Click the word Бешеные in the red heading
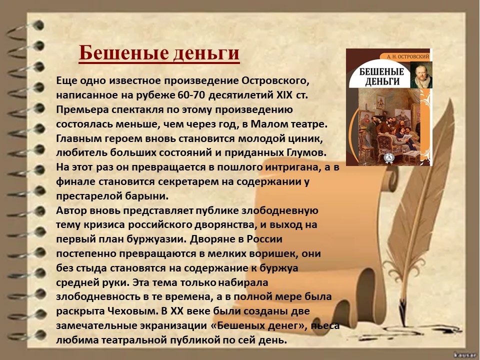pos(123,52)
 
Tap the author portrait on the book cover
pos(421,75)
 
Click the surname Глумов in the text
pos(306,152)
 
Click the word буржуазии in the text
pos(156,239)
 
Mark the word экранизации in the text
pos(173,325)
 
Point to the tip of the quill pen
pos(404,327)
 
